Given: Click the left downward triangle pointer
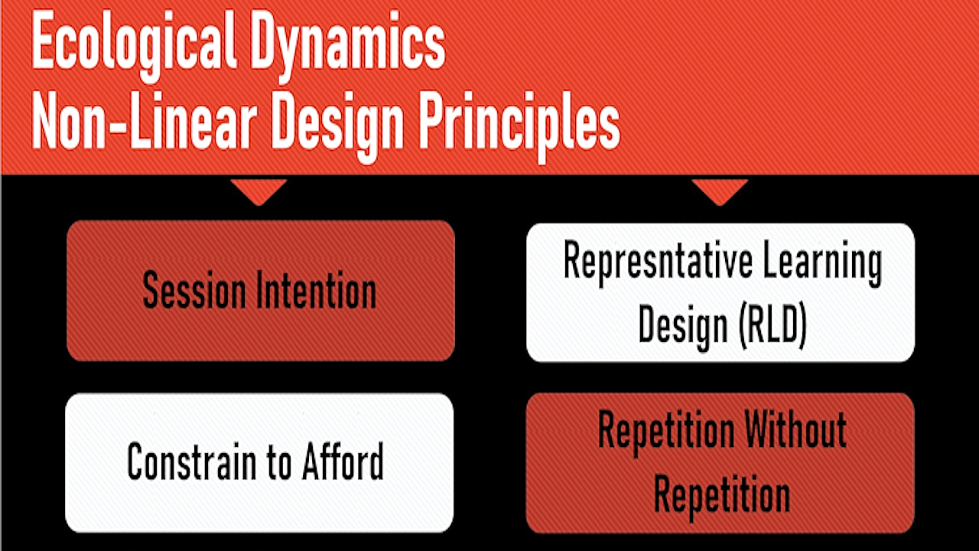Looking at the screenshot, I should (259, 191).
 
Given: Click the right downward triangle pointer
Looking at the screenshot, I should (719, 191).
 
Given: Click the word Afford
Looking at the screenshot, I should (344, 461).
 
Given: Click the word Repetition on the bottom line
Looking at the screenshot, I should (721, 494).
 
